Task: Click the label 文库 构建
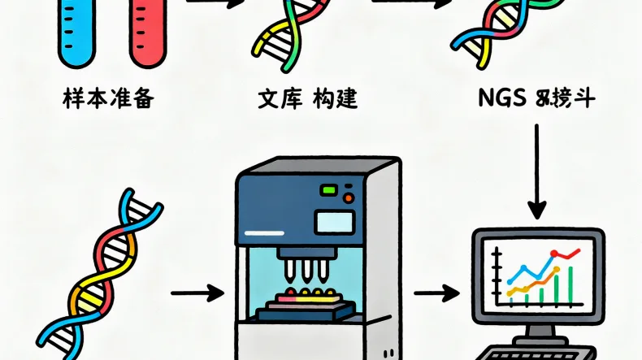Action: (307, 100)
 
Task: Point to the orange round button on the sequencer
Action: (349, 197)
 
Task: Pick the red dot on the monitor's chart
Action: (553, 254)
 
